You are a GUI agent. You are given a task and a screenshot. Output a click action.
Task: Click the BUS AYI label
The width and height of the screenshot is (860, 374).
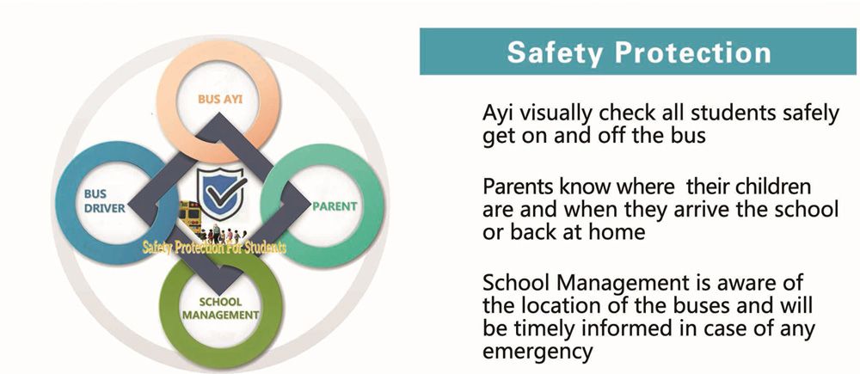coord(220,101)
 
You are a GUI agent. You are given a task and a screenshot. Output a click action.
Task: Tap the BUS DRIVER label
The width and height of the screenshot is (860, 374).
coord(105,201)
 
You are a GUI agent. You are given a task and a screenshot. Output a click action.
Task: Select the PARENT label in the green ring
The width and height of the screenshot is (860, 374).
coord(335,206)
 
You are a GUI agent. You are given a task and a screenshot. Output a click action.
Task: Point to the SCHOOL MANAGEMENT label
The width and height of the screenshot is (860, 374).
coord(220,308)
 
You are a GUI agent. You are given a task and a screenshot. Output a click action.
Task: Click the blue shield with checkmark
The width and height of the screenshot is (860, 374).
coord(222,194)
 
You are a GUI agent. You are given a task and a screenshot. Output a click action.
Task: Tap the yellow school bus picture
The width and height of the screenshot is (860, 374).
coord(190,217)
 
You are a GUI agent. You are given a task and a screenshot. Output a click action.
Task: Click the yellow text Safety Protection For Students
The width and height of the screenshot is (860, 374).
coord(214,248)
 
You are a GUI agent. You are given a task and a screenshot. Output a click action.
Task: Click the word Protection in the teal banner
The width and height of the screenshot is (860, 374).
coord(692,52)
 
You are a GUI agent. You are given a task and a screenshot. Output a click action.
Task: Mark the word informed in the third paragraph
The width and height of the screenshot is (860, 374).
coord(623,328)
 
